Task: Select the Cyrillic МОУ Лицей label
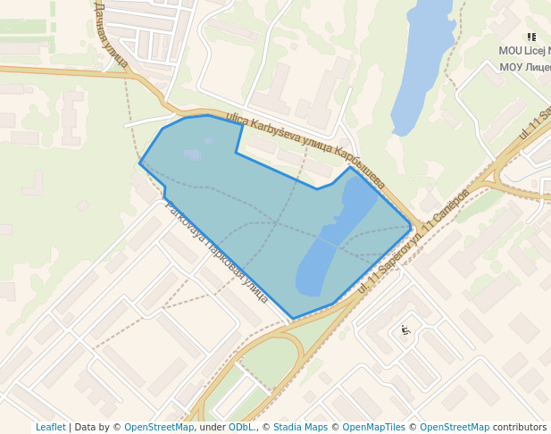[524, 67]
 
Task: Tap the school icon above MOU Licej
[531, 38]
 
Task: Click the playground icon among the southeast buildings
[405, 330]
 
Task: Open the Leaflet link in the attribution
[50, 427]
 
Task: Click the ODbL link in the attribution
[241, 427]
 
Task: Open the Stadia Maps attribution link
[301, 427]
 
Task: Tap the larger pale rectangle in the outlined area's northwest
[193, 154]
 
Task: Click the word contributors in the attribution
[520, 427]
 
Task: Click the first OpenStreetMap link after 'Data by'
[159, 427]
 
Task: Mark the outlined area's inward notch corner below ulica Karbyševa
[237, 153]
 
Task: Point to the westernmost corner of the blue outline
[140, 163]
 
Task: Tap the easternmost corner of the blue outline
[412, 226]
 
